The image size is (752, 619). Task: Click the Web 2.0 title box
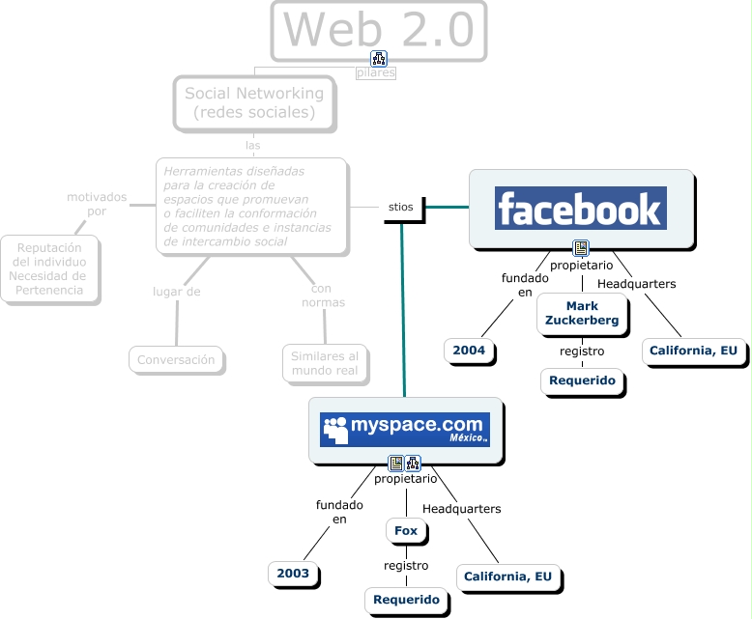379,31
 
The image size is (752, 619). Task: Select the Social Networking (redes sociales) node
254,103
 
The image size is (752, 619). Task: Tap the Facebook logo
581,209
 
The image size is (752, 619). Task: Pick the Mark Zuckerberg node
582,313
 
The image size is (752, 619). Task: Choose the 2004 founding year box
470,351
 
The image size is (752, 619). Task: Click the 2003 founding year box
293,574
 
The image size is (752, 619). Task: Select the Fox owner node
406,530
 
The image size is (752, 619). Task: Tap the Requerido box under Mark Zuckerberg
582,380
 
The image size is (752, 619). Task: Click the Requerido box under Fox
407,600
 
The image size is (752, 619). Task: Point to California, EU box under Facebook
694,351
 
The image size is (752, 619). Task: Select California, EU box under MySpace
507,577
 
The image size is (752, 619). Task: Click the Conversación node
176,359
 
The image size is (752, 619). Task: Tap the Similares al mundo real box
325,362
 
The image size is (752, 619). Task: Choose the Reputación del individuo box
49,267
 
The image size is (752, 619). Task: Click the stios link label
400,207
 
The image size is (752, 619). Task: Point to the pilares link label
375,72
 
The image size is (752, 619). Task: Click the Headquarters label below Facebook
636,284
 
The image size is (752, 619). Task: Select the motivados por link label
97,204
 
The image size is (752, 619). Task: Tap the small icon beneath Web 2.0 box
379,58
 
